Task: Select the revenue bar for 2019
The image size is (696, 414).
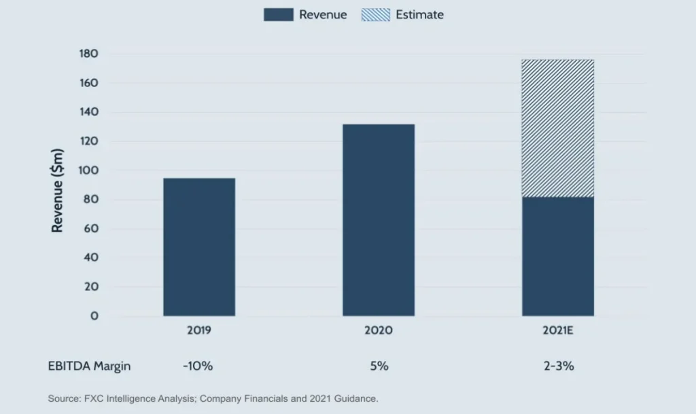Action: tap(199, 247)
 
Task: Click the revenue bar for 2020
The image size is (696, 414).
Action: tap(379, 220)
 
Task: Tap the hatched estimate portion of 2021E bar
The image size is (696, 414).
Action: tap(558, 128)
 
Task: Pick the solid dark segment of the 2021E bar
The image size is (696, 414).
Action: tap(558, 256)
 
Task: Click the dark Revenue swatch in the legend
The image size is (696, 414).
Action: tap(278, 14)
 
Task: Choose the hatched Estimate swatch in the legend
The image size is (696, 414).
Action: tap(375, 14)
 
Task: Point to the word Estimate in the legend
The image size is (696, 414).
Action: tap(419, 14)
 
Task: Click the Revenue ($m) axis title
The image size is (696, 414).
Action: tap(58, 190)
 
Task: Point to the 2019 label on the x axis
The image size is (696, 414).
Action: tap(199, 331)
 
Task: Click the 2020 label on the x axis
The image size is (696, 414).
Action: tap(379, 331)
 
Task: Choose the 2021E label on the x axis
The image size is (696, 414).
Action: tap(558, 331)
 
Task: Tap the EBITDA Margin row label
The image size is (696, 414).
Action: tap(90, 366)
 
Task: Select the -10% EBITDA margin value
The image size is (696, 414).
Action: tap(198, 366)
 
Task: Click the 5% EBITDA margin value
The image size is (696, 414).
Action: tap(379, 366)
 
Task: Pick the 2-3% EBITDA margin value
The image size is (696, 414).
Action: tap(558, 366)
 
